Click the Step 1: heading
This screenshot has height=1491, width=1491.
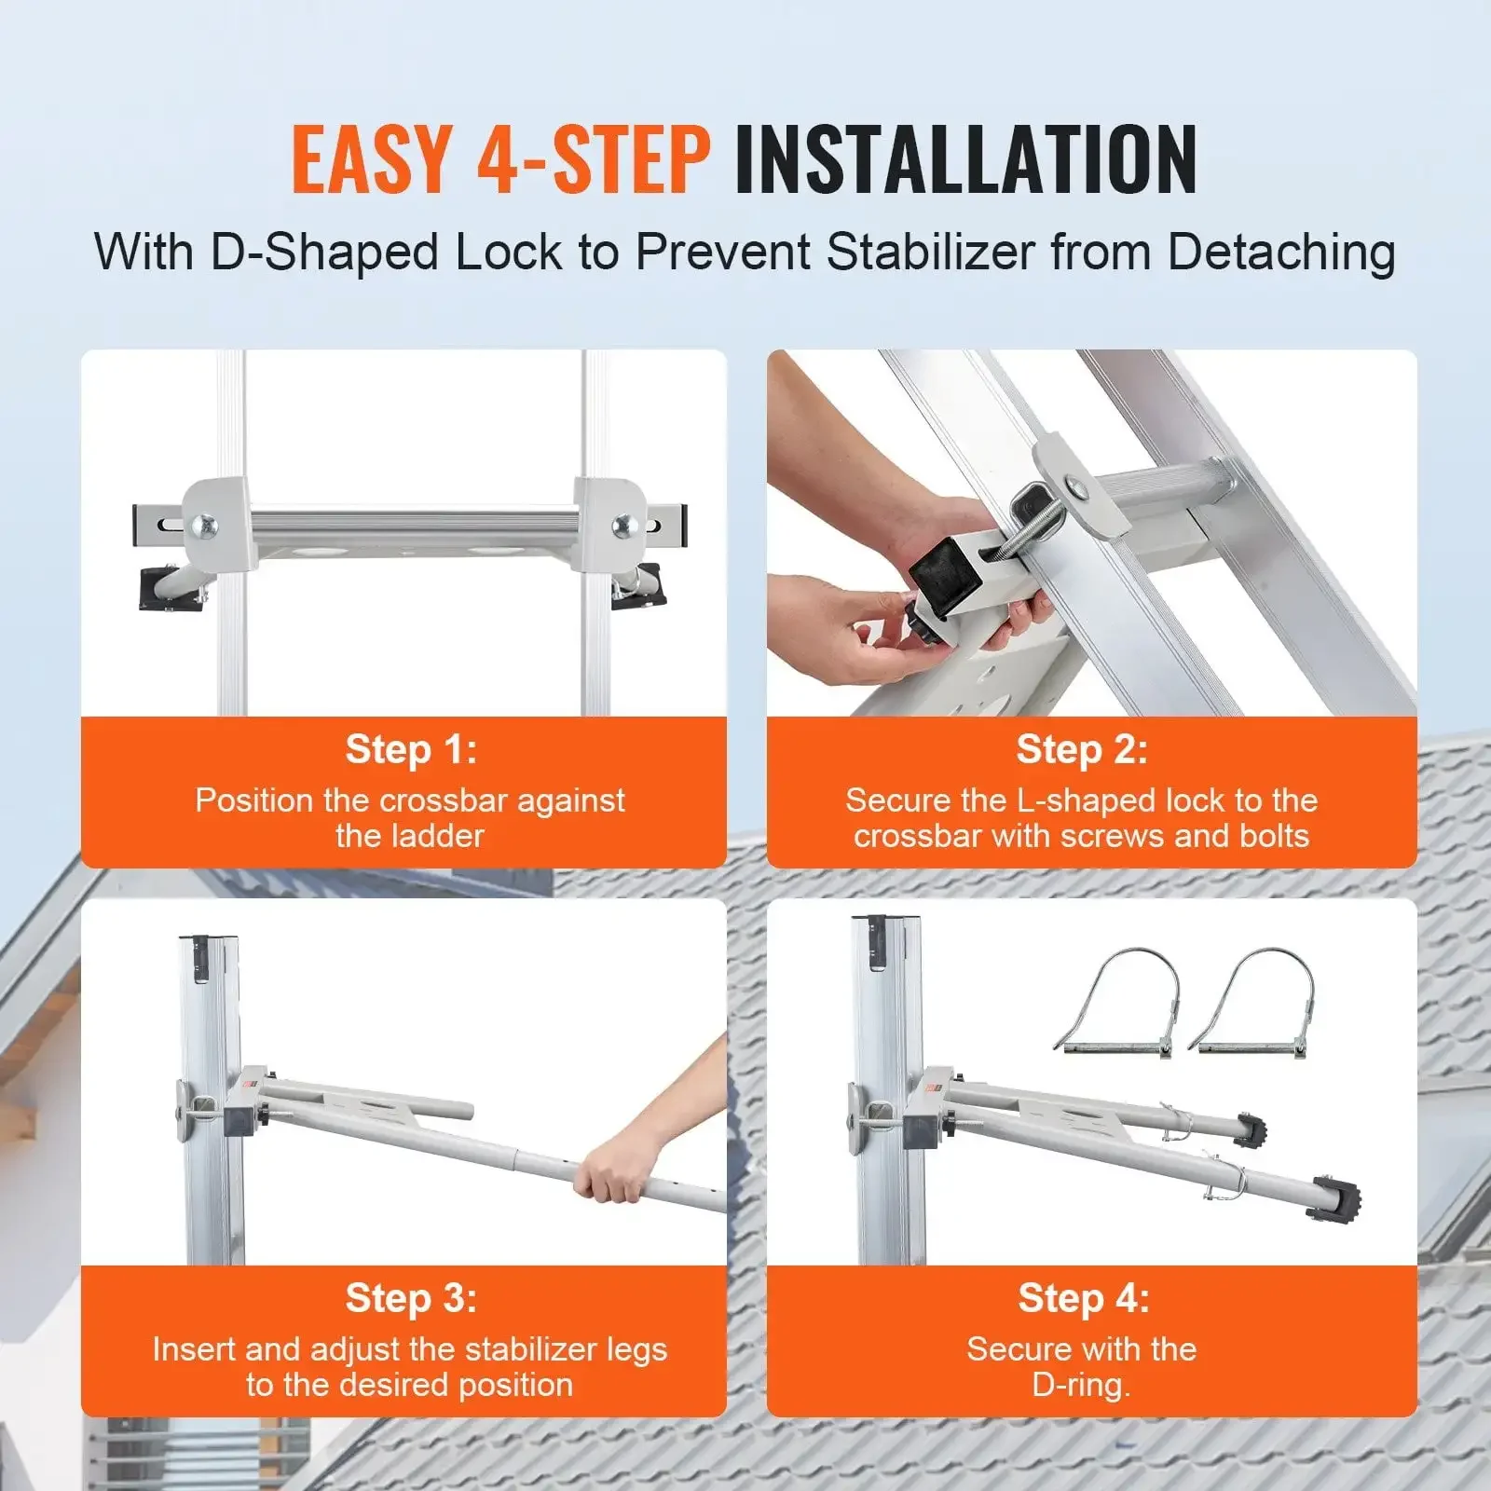[x=411, y=749]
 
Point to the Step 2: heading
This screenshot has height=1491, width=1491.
[x=1082, y=749]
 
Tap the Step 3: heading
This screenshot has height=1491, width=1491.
[x=411, y=1298]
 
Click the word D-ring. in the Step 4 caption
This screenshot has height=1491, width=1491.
[x=1081, y=1385]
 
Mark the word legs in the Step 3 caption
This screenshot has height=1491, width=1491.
[x=636, y=1349]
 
